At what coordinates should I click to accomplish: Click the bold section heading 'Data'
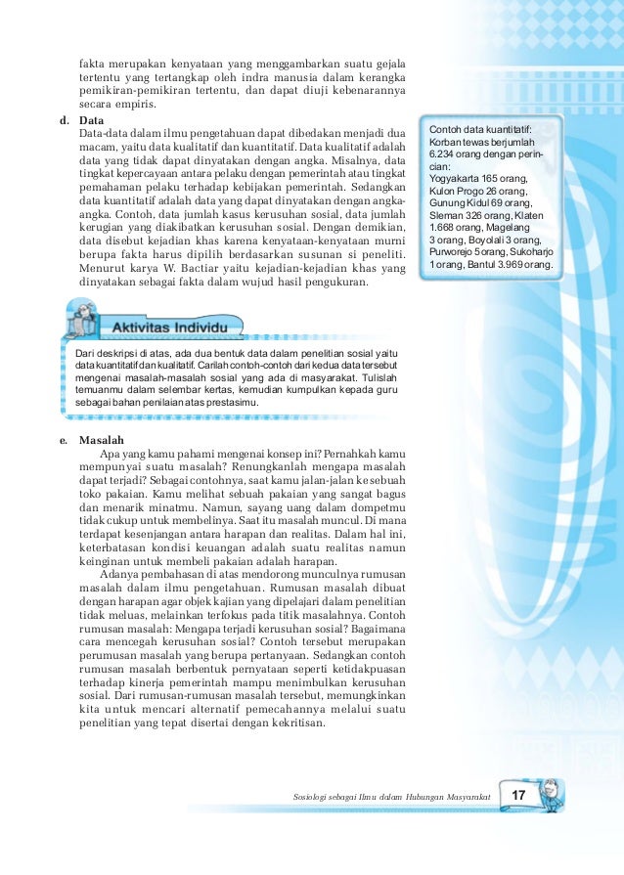[x=91, y=120]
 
